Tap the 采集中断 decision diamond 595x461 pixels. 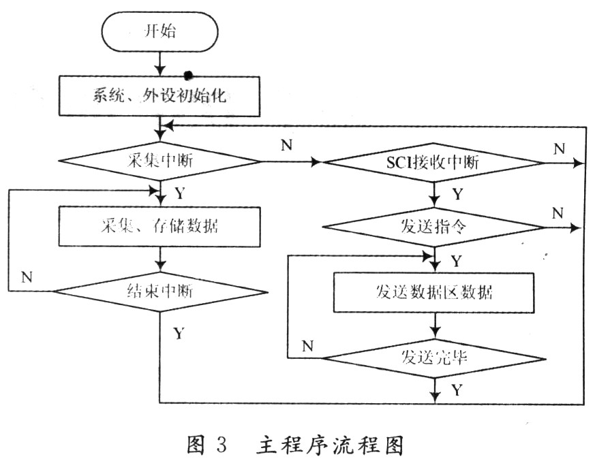(x=160, y=162)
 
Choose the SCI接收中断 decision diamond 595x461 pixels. (x=433, y=163)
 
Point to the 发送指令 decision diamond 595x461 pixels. (x=433, y=227)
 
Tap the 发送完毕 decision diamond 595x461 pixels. (x=434, y=356)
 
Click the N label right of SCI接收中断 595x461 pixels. (x=558, y=148)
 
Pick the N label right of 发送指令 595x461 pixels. (x=558, y=213)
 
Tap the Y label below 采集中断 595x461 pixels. (x=179, y=193)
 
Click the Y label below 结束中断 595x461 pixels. (x=178, y=333)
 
